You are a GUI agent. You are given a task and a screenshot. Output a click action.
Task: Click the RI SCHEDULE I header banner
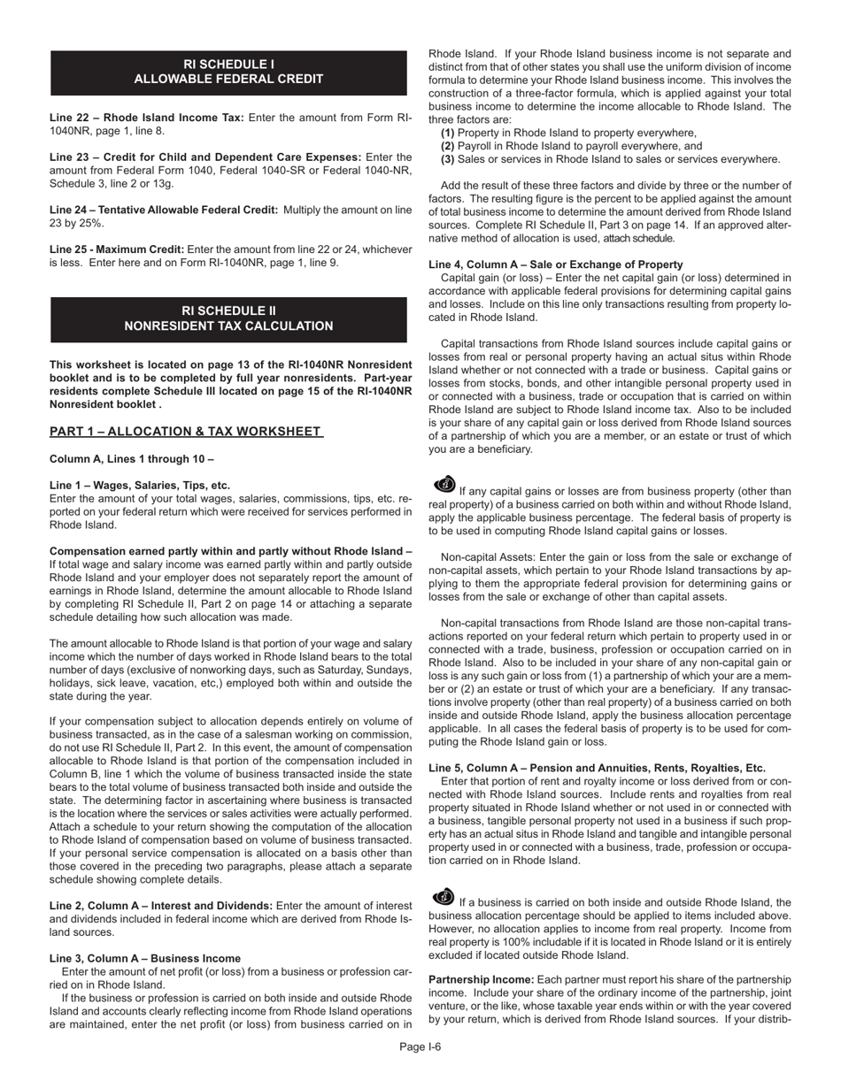click(228, 72)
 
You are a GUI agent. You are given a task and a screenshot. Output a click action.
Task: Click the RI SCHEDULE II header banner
click(228, 318)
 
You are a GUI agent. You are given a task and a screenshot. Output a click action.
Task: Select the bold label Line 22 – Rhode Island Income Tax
click(147, 117)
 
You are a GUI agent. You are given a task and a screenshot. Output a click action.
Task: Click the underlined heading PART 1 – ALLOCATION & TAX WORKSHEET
click(186, 432)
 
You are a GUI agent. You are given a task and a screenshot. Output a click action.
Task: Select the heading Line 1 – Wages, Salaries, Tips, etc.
click(140, 485)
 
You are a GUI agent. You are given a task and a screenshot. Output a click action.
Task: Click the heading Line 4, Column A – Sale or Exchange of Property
click(555, 264)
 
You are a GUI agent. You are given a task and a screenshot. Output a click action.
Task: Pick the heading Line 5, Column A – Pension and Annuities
click(597, 768)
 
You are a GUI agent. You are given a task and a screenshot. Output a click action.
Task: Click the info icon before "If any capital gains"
click(444, 484)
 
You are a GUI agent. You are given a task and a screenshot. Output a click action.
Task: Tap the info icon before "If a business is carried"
click(444, 896)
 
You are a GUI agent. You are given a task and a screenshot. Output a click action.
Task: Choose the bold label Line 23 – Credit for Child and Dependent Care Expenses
click(205, 157)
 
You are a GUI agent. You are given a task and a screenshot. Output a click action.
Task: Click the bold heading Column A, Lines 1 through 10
click(131, 459)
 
